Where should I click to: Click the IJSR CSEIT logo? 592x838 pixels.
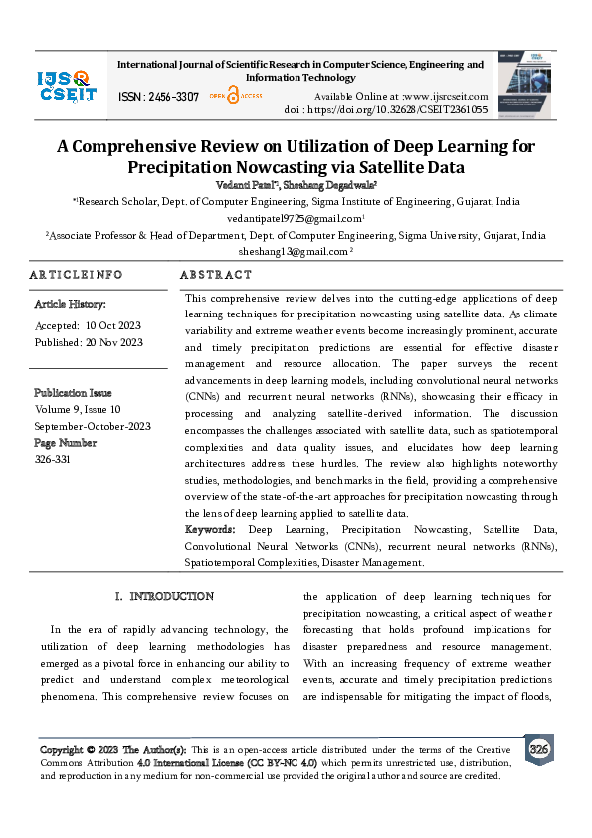tap(64, 86)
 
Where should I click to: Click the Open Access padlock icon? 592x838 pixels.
tap(233, 96)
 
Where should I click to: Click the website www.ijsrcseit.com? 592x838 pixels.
tap(457, 94)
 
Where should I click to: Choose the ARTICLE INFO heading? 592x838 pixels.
tap(76, 275)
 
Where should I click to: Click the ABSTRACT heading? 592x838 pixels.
tap(216, 275)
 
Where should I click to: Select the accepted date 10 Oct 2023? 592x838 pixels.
tap(114, 326)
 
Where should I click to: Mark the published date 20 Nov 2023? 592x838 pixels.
tap(115, 343)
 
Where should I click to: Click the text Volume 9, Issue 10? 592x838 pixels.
tap(78, 409)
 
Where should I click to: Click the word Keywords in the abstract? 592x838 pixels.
tap(213, 530)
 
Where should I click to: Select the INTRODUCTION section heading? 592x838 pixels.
tap(172, 597)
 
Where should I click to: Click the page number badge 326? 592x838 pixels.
tap(538, 749)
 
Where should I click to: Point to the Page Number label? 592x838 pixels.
tap(67, 442)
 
